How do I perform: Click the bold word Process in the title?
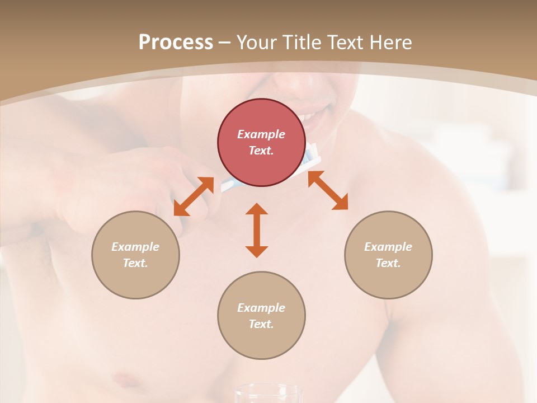click(176, 42)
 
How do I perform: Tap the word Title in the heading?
click(301, 42)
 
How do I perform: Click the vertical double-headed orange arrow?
click(257, 230)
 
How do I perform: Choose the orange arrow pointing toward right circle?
click(328, 190)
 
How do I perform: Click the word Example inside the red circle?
click(261, 134)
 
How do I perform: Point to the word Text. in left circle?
click(135, 263)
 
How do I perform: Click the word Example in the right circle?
click(388, 247)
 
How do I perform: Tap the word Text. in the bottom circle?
click(261, 324)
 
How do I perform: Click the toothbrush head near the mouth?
click(314, 157)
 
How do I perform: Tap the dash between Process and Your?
click(224, 42)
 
